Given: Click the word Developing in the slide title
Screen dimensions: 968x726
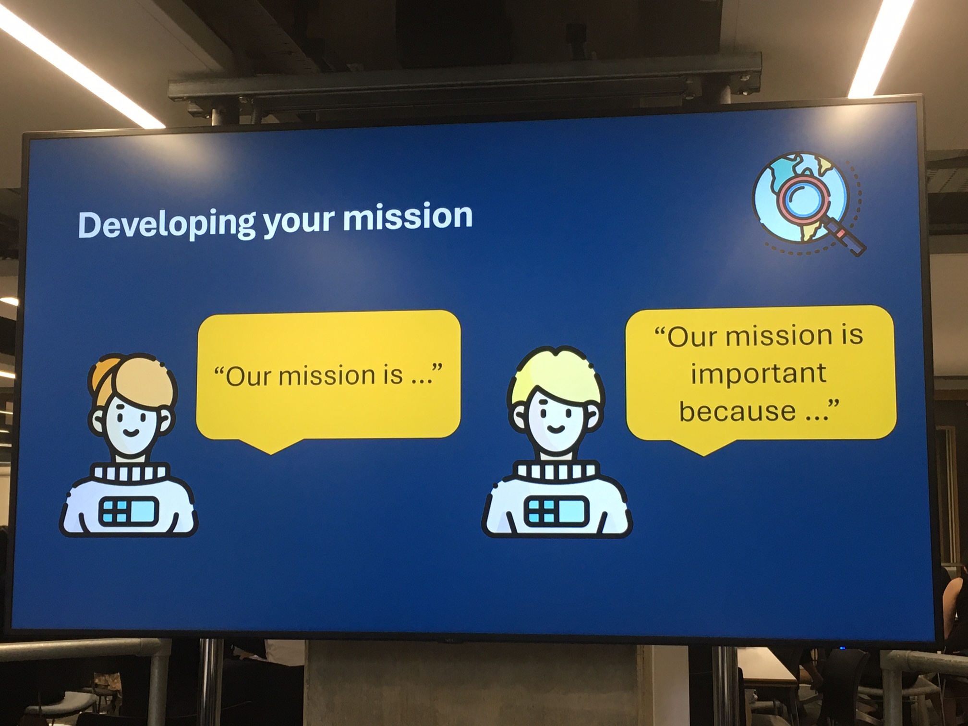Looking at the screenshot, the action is point(166,222).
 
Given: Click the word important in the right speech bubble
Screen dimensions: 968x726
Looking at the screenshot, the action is point(758,374).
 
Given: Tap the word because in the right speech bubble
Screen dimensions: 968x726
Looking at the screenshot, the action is point(738,411).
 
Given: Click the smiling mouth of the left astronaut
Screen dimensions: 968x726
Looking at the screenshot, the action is point(132,432).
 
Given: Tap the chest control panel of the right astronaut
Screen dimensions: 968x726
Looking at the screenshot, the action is point(555,511).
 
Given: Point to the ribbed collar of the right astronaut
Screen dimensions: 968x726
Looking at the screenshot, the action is point(557,471).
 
